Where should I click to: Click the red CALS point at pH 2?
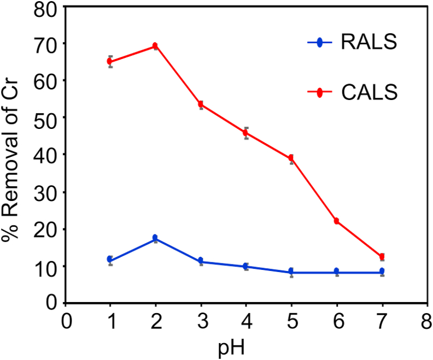click(x=155, y=46)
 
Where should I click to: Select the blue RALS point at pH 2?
click(x=155, y=238)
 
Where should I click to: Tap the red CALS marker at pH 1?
click(x=110, y=61)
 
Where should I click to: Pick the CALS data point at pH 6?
click(x=337, y=221)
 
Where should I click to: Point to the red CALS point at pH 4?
click(x=246, y=133)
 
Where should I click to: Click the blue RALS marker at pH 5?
click(x=291, y=272)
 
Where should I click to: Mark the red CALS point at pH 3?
click(x=201, y=104)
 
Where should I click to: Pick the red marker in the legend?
click(x=320, y=93)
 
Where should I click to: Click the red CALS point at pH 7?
click(x=382, y=257)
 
